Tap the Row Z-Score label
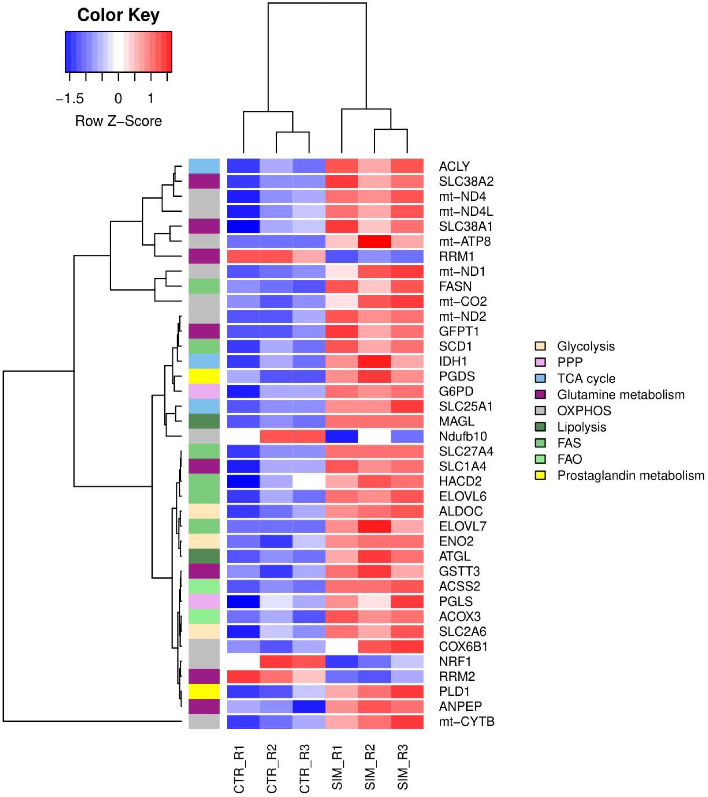click(x=118, y=121)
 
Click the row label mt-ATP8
click(x=464, y=242)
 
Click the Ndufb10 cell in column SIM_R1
click(x=341, y=436)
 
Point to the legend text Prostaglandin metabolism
click(x=631, y=476)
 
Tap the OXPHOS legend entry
click(x=584, y=411)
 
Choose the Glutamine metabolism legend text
click(x=621, y=395)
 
